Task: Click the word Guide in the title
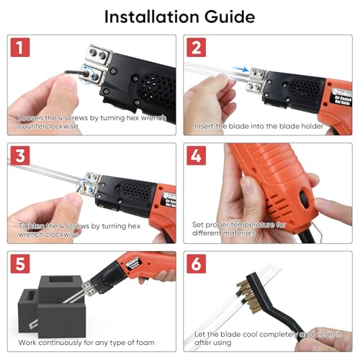pyautogui.click(x=230, y=17)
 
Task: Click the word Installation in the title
pyautogui.click(x=152, y=17)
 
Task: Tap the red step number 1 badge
pyautogui.click(x=20, y=48)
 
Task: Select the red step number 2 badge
pyautogui.click(x=197, y=48)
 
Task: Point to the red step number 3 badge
pyautogui.click(x=20, y=156)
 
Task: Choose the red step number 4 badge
pyautogui.click(x=197, y=156)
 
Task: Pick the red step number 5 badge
pyautogui.click(x=20, y=264)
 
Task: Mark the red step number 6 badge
pyautogui.click(x=197, y=264)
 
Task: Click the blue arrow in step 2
pyautogui.click(x=240, y=69)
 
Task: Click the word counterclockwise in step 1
pyautogui.click(x=48, y=126)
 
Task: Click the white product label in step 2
pyautogui.click(x=343, y=97)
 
